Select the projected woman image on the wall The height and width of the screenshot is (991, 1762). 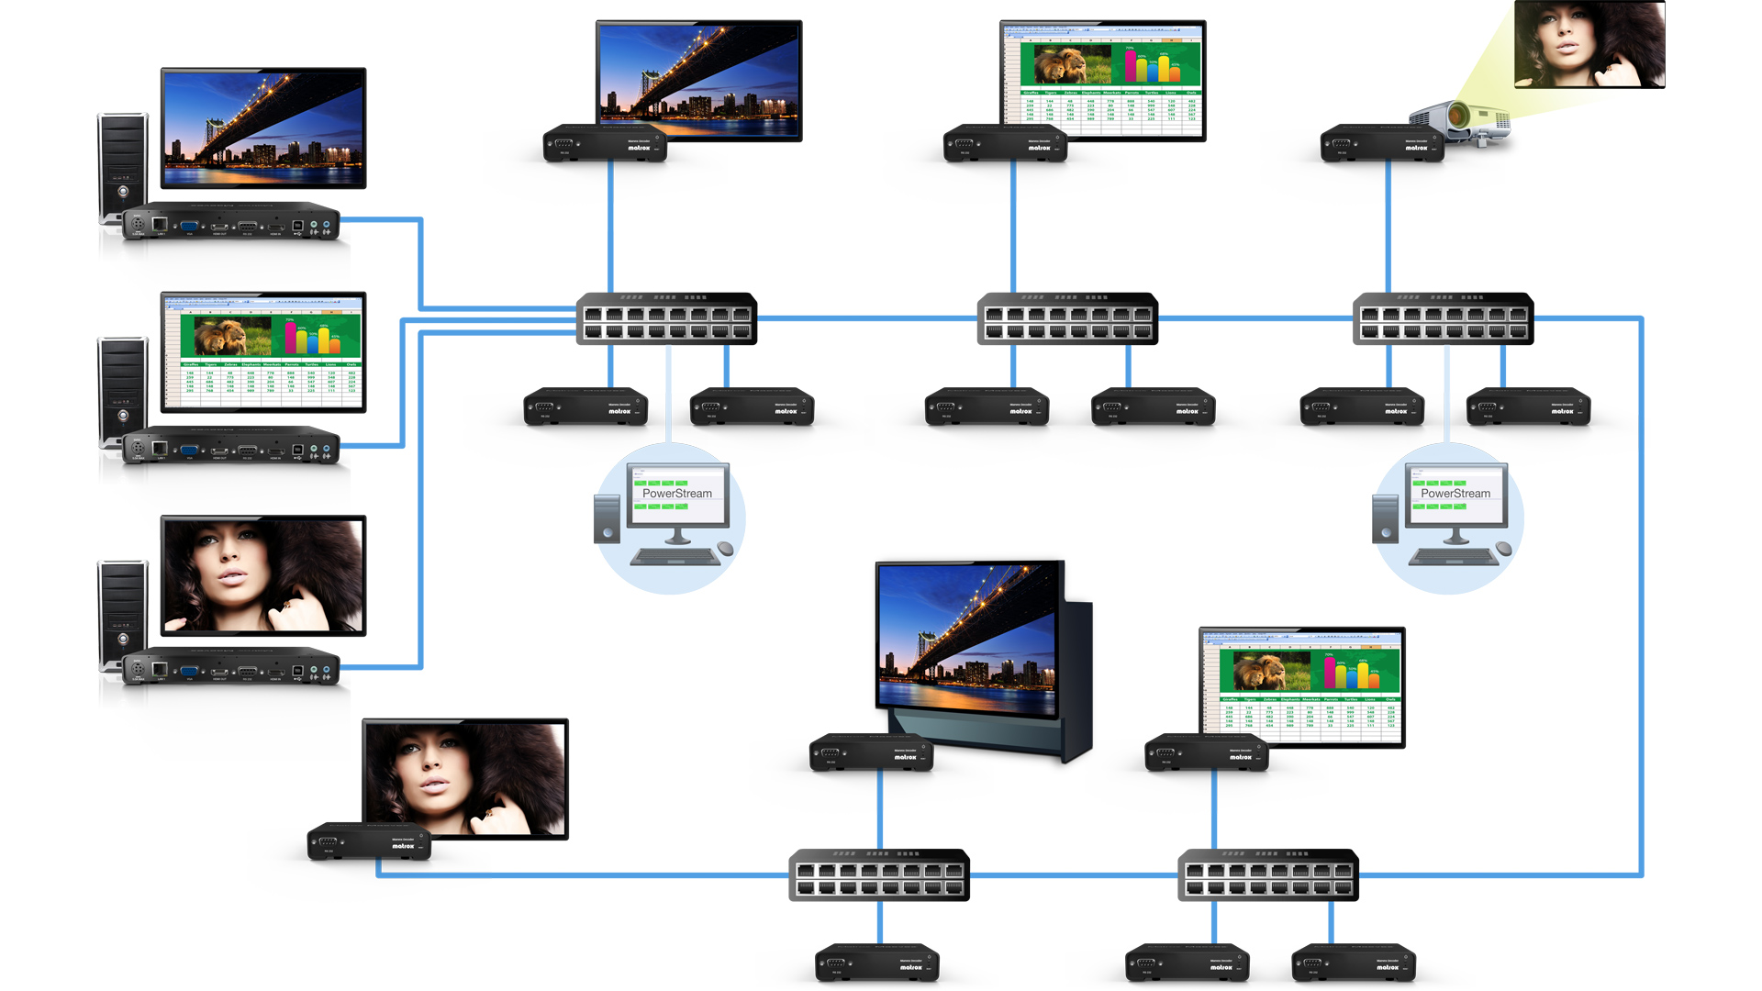tap(1589, 44)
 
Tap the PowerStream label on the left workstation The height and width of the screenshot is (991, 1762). tap(677, 494)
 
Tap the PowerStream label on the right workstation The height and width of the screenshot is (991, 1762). tap(1455, 494)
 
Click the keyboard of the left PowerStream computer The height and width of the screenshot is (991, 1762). tap(676, 556)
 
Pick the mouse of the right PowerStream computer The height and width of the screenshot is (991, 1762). tap(1503, 549)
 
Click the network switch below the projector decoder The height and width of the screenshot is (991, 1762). tap(1443, 318)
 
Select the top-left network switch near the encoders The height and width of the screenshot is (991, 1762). tap(666, 318)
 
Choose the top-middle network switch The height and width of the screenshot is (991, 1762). tap(1067, 318)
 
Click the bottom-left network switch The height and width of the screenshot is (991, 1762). tap(879, 874)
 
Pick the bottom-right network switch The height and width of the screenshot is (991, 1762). tap(1267, 874)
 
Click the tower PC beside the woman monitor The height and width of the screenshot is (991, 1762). tap(122, 610)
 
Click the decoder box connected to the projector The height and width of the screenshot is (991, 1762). tap(1382, 145)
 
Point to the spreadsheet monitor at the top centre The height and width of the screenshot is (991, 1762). tap(1103, 80)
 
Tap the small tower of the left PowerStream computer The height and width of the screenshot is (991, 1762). tap(607, 519)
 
